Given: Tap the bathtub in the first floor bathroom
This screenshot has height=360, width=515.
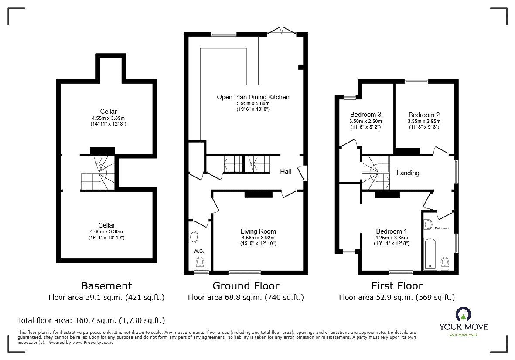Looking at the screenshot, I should pyautogui.click(x=430, y=253).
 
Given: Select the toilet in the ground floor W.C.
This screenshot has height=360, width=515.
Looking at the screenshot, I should pyautogui.click(x=200, y=262).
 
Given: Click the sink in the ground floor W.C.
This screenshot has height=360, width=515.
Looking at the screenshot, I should pyautogui.click(x=193, y=237).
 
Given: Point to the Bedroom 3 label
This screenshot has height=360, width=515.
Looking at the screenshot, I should pyautogui.click(x=365, y=115).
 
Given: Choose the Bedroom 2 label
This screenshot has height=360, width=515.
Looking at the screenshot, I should pyautogui.click(x=423, y=115).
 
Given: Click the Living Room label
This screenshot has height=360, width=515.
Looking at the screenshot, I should pyautogui.click(x=258, y=231).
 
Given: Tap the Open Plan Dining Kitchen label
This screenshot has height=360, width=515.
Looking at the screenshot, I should pyautogui.click(x=253, y=97).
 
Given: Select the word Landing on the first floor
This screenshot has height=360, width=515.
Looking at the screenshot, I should pyautogui.click(x=408, y=173).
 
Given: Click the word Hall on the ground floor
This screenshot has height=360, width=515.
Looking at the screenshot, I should pyautogui.click(x=285, y=172).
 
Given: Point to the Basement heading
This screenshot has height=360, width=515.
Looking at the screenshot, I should pyautogui.click(x=106, y=286).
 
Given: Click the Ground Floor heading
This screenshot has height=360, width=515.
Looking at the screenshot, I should pyautogui.click(x=246, y=286).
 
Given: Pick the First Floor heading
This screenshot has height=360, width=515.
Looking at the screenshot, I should pyautogui.click(x=397, y=286).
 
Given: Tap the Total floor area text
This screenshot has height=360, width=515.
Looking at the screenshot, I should pyautogui.click(x=91, y=320).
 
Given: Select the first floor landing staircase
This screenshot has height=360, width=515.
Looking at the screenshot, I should pyautogui.click(x=375, y=173).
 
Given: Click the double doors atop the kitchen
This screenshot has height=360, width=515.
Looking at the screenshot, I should pyautogui.click(x=281, y=31).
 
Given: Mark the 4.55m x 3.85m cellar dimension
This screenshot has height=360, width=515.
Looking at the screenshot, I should pyautogui.click(x=107, y=118).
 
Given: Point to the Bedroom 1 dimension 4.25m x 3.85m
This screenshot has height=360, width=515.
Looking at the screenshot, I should pyautogui.click(x=392, y=238).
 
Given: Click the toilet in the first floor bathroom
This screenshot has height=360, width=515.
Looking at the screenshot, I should pyautogui.click(x=445, y=262).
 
